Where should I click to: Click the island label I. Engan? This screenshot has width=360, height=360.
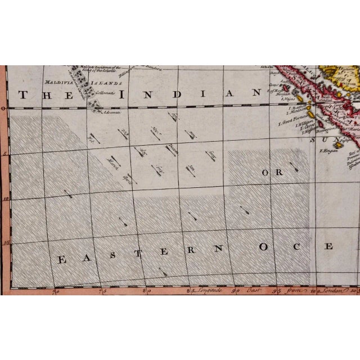click(x=328, y=150)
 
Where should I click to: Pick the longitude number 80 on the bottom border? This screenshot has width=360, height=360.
click(x=146, y=291)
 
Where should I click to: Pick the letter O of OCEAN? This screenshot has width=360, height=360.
click(x=269, y=247)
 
